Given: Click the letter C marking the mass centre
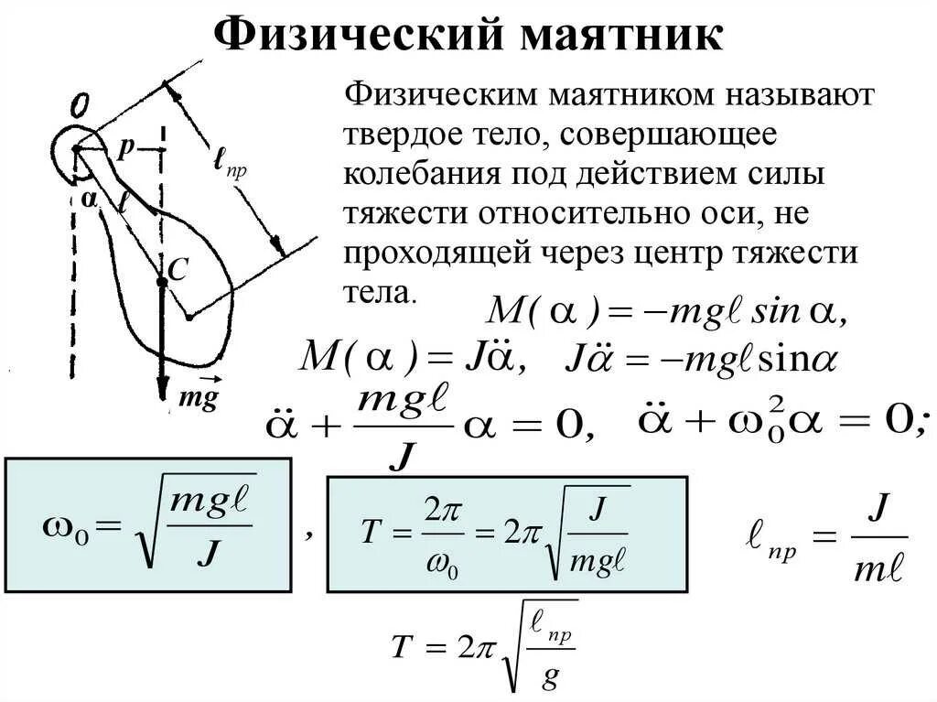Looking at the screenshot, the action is click(x=178, y=269).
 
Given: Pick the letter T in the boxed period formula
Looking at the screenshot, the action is click(x=369, y=534).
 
